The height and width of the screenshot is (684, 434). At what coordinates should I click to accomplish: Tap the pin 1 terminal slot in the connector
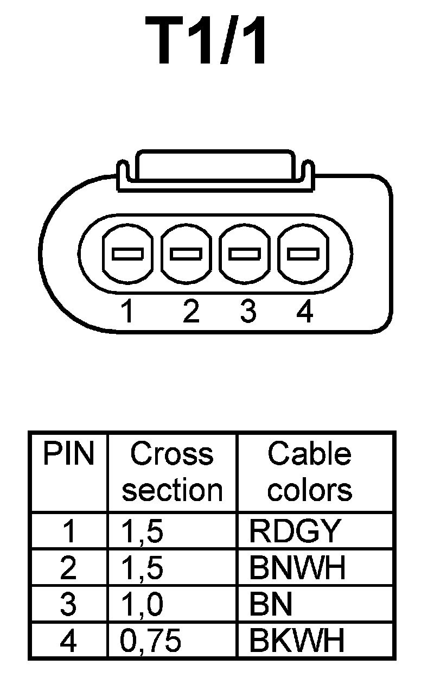click(x=127, y=254)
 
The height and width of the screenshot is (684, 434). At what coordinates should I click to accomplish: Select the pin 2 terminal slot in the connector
click(x=186, y=254)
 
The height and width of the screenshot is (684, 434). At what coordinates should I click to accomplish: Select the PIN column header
click(x=68, y=454)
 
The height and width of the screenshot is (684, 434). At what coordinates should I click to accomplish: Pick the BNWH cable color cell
click(x=297, y=568)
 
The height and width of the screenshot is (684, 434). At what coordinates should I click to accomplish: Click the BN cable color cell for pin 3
click(x=271, y=604)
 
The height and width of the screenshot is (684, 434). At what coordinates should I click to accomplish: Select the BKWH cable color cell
click(x=297, y=641)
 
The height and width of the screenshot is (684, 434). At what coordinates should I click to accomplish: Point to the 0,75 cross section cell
click(x=150, y=641)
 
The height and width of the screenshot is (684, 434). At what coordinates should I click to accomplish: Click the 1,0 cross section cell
click(x=142, y=604)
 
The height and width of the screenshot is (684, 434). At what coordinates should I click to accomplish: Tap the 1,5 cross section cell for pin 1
click(x=142, y=531)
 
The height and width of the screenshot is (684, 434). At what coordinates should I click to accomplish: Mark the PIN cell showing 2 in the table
click(x=68, y=568)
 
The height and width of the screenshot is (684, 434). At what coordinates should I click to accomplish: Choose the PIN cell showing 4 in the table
click(x=68, y=641)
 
